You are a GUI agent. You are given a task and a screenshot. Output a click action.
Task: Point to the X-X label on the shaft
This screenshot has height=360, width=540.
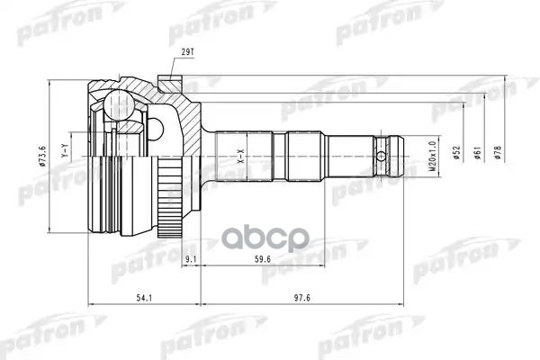(240, 160)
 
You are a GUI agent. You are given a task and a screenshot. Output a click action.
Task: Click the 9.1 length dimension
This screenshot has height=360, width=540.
(191, 262)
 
